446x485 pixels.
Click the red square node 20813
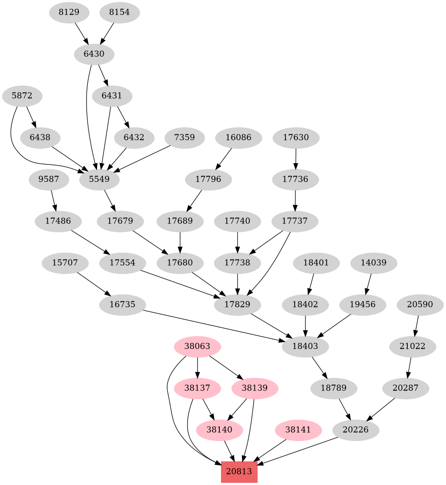tap(239, 472)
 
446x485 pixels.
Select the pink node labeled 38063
tap(198, 347)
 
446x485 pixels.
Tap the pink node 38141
tap(298, 430)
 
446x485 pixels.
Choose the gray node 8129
tap(69, 12)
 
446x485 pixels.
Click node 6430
tap(94, 54)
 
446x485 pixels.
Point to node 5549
tap(100, 179)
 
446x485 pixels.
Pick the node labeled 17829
tap(237, 304)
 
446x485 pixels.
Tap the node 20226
tap(355, 430)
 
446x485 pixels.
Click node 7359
tap(185, 137)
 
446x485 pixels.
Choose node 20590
tap(420, 304)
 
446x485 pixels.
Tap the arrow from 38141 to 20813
tap(270, 450)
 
